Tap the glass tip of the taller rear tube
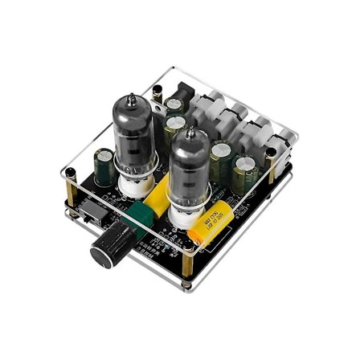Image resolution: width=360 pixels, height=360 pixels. (131, 102)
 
